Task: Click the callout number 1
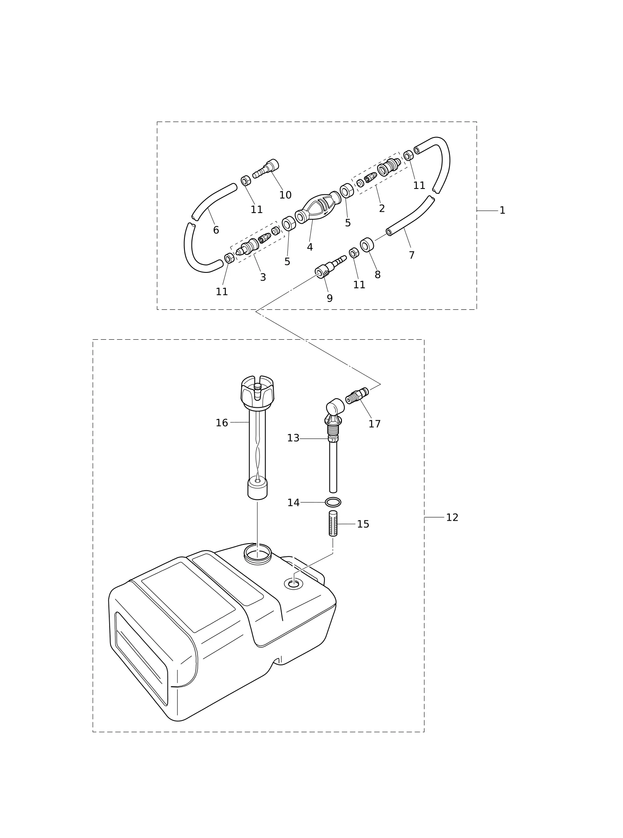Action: [502, 211]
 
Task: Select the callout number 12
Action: [452, 517]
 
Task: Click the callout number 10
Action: [285, 195]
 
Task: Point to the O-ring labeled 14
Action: [333, 502]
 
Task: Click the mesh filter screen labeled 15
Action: [333, 523]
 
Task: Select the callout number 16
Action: [222, 423]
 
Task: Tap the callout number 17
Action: [375, 424]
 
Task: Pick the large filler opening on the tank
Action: [258, 554]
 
